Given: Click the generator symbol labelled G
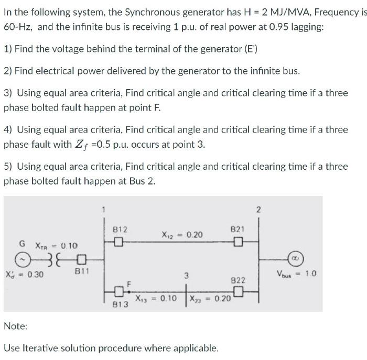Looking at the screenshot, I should click(22, 259).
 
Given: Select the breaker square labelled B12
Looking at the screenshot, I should click(119, 242).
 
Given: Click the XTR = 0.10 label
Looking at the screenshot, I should click(56, 245).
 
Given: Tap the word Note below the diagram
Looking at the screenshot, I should click(15, 326).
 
